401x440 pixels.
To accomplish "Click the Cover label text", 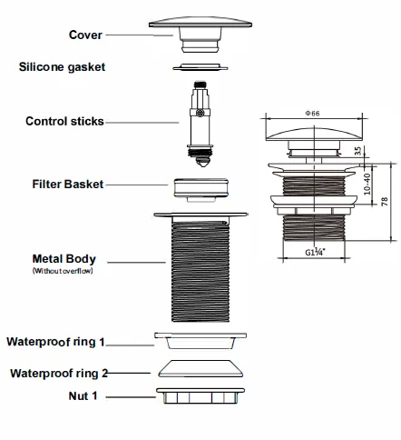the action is (85, 35).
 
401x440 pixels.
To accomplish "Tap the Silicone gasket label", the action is (62, 67).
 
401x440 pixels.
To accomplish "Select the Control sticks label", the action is (64, 121).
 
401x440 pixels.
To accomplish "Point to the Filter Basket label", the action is (68, 185).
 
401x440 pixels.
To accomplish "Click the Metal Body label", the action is (64, 259).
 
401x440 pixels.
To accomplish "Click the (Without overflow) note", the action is (63, 271).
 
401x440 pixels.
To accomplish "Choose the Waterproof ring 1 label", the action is (55, 342).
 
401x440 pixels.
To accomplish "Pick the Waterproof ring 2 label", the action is (59, 374).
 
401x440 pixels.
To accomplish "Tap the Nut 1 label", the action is (83, 395).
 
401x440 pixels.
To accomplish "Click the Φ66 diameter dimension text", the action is (312, 114).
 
